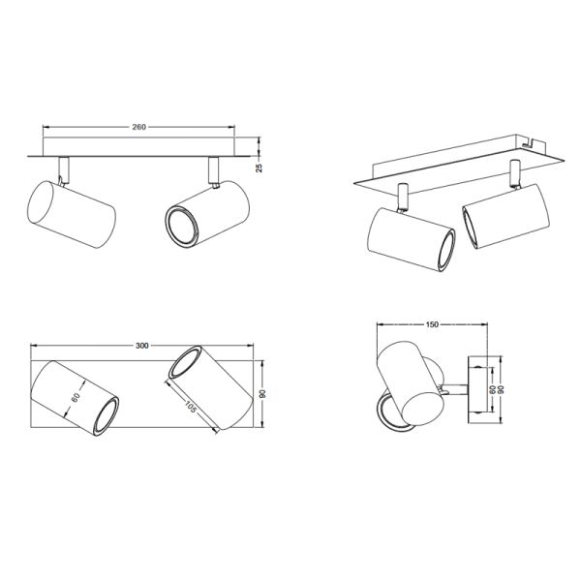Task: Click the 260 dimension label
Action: click(139, 127)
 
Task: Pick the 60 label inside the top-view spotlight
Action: click(74, 398)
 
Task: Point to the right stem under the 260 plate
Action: click(213, 169)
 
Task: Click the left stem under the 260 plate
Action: click(63, 167)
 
